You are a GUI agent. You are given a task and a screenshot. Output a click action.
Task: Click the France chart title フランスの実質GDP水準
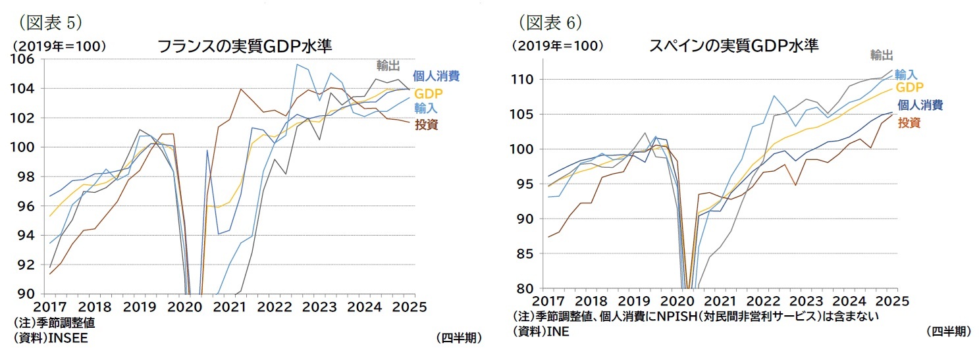[244, 46]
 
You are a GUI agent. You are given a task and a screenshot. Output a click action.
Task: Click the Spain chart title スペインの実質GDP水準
[734, 46]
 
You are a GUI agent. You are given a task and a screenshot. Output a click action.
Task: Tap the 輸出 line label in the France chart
[388, 64]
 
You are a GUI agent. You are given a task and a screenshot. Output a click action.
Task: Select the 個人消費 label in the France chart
[436, 76]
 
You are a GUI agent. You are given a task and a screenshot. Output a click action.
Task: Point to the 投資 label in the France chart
[427, 124]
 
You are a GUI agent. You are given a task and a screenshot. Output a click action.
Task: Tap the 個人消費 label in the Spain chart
[920, 105]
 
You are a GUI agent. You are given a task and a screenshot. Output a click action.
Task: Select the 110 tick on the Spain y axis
[525, 80]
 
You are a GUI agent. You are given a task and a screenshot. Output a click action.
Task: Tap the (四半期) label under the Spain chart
[947, 332]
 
